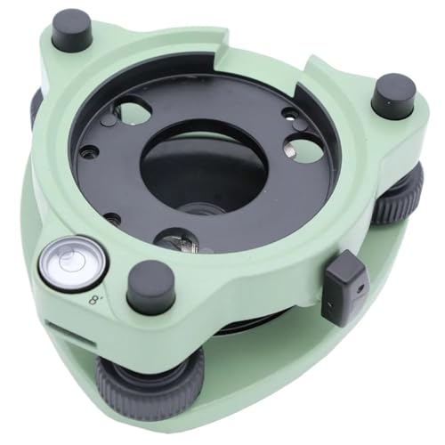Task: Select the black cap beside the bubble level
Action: point(150,287)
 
